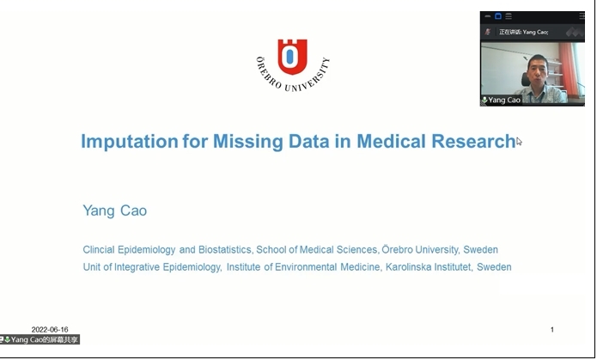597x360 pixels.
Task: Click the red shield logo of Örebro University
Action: pos(292,57)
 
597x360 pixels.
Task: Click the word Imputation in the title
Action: pos(130,142)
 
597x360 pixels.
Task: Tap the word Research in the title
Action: pos(473,141)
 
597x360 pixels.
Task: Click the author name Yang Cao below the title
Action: pos(115,211)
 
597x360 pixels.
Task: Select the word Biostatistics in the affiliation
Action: pos(225,249)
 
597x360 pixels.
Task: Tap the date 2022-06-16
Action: pos(50,330)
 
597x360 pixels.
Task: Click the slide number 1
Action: pos(552,330)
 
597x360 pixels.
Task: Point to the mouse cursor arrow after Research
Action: pos(519,141)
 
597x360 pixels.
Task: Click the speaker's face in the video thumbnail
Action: pos(538,70)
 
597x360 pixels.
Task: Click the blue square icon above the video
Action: pos(498,16)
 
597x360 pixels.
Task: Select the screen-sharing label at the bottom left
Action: pos(40,339)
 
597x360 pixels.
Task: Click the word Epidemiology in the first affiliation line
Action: pos(147,249)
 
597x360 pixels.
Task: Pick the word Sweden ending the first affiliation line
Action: pos(480,249)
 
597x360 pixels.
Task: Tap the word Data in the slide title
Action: pos(308,141)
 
